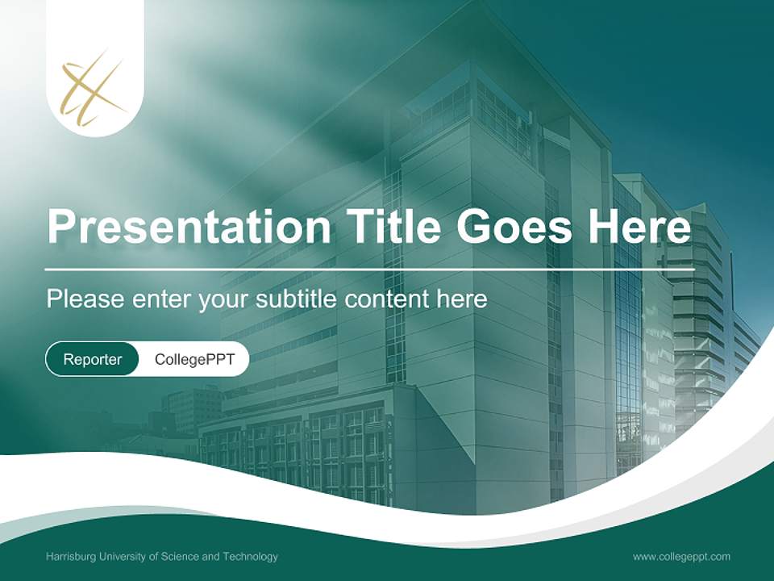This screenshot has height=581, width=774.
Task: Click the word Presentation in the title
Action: pyautogui.click(x=189, y=227)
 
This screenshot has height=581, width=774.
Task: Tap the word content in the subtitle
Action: pyautogui.click(x=388, y=299)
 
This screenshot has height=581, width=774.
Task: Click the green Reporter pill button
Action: pyautogui.click(x=93, y=359)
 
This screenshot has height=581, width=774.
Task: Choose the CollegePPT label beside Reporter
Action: pyautogui.click(x=194, y=359)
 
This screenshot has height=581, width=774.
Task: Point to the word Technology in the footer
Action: pyautogui.click(x=252, y=557)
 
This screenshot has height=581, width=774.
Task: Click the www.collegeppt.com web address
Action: pyautogui.click(x=681, y=557)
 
